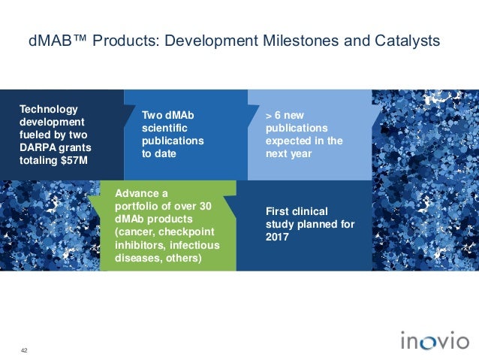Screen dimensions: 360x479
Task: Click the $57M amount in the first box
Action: point(74,159)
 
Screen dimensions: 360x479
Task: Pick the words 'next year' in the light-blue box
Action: point(290,153)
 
